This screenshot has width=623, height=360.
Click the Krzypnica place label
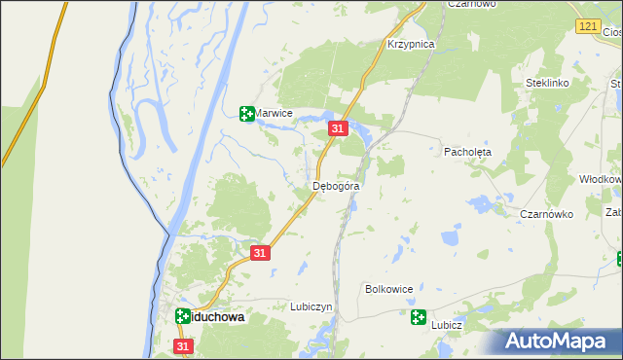click(410, 45)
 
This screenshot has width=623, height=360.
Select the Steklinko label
click(546, 84)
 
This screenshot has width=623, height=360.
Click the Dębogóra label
click(337, 186)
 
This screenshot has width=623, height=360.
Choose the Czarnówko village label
click(546, 214)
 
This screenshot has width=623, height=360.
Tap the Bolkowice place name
click(389, 289)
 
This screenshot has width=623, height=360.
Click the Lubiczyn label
click(311, 306)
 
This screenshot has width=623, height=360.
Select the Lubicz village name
click(447, 326)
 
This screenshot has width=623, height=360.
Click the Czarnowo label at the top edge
click(472, 4)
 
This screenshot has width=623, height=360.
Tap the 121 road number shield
click(585, 26)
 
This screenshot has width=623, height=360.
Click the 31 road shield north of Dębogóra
click(338, 128)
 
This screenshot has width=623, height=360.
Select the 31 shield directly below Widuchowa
click(184, 345)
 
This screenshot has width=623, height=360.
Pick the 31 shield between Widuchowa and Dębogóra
click(259, 253)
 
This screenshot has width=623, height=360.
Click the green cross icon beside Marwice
click(247, 114)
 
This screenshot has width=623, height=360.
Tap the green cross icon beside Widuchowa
click(183, 316)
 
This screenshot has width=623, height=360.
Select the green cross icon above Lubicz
click(418, 316)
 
